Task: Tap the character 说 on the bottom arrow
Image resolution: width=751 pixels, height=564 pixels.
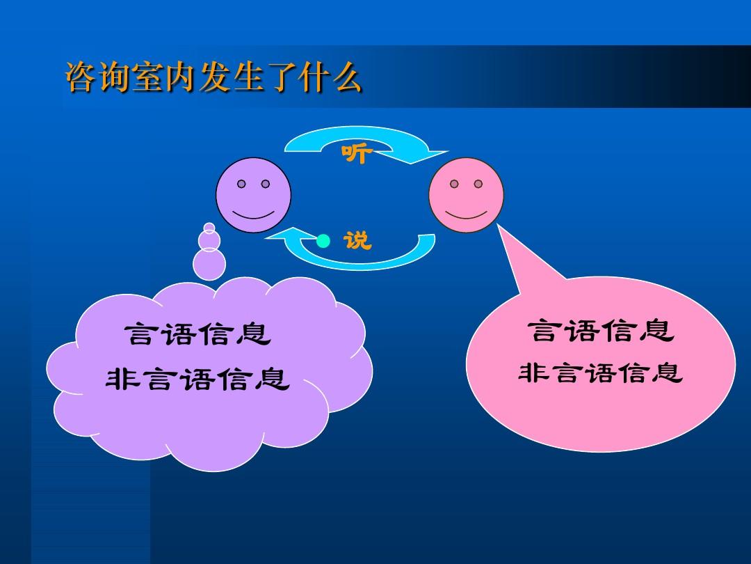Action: pyautogui.click(x=358, y=241)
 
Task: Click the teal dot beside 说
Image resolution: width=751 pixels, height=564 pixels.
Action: pyautogui.click(x=323, y=242)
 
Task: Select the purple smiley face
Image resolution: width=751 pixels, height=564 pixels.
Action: pyautogui.click(x=253, y=196)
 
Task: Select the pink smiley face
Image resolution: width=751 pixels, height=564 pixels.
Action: pyautogui.click(x=466, y=196)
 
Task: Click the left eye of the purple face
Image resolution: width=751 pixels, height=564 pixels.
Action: pyautogui.click(x=241, y=185)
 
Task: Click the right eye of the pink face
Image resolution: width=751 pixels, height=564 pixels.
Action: pyautogui.click(x=478, y=184)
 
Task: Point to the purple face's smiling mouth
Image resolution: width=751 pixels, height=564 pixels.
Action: pyautogui.click(x=253, y=212)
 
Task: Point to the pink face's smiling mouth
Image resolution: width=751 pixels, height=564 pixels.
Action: pyautogui.click(x=466, y=212)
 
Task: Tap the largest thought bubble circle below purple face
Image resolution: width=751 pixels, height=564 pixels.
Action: pyautogui.click(x=209, y=264)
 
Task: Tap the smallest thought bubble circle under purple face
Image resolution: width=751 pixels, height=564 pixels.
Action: pyautogui.click(x=209, y=226)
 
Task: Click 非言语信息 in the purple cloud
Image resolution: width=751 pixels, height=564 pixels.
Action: pyautogui.click(x=197, y=379)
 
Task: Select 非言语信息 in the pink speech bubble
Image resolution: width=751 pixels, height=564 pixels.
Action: pyautogui.click(x=601, y=374)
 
